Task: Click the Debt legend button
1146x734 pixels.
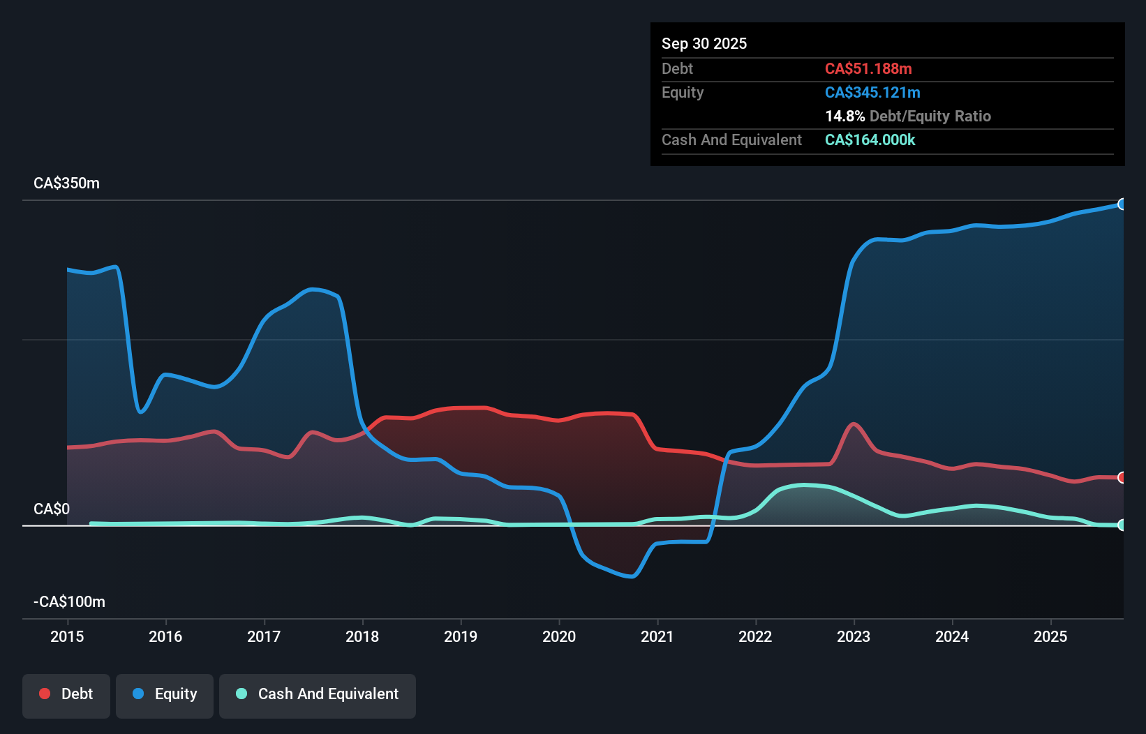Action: click(66, 694)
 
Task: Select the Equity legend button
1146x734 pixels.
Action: click(165, 694)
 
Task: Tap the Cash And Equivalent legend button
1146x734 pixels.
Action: click(318, 694)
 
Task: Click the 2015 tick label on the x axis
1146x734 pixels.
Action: click(67, 636)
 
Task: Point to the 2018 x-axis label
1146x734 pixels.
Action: click(362, 636)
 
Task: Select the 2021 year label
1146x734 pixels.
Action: click(657, 636)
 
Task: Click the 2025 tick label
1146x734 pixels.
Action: click(1050, 636)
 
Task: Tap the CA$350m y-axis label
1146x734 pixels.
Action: click(66, 183)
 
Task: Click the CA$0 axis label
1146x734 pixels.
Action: click(52, 509)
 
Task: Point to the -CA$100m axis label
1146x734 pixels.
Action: click(69, 602)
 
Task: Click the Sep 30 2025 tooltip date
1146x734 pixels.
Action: click(704, 44)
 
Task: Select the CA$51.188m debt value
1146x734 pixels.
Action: click(868, 69)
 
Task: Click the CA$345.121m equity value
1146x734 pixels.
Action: click(872, 93)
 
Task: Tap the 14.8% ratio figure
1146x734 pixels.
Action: click(844, 117)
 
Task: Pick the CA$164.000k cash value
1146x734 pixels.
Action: click(870, 140)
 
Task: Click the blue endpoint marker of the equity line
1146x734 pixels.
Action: click(1122, 204)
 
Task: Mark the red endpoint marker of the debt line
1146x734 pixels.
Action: click(1122, 478)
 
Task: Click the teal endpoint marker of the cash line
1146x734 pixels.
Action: click(1122, 525)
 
